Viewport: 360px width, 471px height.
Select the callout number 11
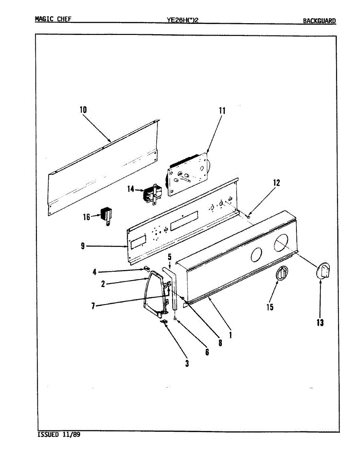[222, 111]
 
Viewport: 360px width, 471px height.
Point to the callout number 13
[320, 323]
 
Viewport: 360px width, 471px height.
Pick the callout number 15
[270, 307]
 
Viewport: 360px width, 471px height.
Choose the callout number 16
[87, 217]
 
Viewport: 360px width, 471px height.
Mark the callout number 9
[82, 246]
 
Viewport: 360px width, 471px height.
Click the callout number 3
[187, 363]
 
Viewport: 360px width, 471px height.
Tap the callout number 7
[93, 306]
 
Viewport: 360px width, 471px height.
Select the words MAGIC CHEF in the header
[53, 19]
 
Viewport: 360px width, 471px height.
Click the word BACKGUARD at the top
[319, 21]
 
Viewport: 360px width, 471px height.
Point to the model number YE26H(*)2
[183, 20]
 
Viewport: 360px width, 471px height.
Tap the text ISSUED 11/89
[59, 435]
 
